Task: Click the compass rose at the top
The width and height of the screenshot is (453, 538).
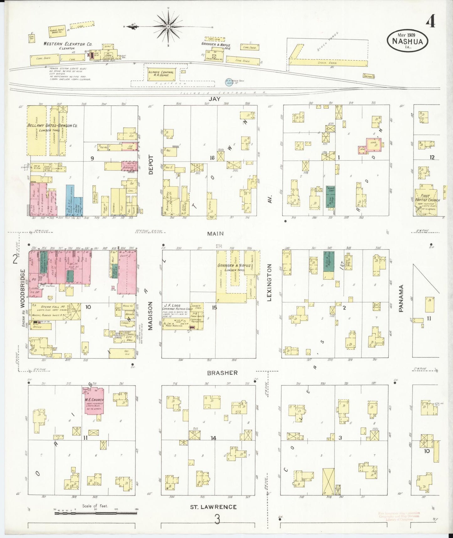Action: click(x=168, y=26)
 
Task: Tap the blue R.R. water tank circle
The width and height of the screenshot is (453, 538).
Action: click(x=229, y=82)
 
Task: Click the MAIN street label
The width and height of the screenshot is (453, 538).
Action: click(x=215, y=234)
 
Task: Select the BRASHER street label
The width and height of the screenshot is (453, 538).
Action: click(x=222, y=373)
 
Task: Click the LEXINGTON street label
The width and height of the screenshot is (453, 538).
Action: click(x=269, y=282)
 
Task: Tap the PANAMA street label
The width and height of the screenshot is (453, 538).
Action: click(x=401, y=298)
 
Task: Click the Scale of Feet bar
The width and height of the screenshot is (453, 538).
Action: click(x=96, y=514)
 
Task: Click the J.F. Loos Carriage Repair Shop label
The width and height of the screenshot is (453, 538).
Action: click(x=176, y=307)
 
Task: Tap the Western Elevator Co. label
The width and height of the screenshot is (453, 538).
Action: click(x=68, y=44)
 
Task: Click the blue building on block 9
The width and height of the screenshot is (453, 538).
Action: click(x=70, y=200)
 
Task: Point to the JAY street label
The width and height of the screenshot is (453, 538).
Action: click(x=215, y=99)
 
